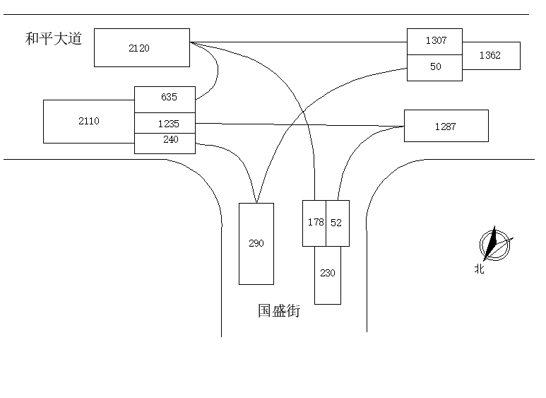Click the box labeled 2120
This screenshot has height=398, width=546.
pos(141,47)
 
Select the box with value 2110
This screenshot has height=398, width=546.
pos(89,121)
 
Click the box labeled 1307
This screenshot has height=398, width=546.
pos(434,41)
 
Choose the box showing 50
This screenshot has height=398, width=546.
pos(434,67)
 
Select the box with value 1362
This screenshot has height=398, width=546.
pos(491,55)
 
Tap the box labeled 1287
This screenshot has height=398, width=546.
pos(446,126)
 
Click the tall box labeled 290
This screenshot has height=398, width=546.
pos(256,243)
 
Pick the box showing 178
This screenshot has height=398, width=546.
pos(314,223)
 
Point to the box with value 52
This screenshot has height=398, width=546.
pos(337,223)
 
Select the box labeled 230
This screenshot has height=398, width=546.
pos(327,274)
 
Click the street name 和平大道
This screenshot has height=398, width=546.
pos(54,38)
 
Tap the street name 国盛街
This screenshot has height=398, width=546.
pos(278,310)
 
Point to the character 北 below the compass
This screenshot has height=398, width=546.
pos(480,269)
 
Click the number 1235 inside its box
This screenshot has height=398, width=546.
pos(169,124)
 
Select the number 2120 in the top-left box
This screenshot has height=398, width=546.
pos(139,48)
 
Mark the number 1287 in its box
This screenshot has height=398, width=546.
pos(445,127)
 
